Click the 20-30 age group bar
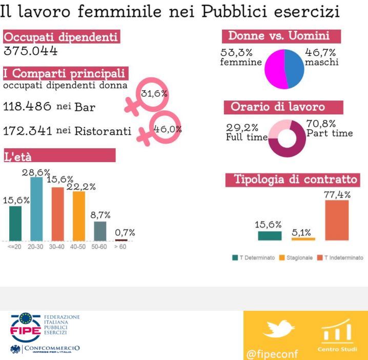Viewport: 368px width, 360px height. pos(36,208)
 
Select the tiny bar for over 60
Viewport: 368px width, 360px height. pos(121,240)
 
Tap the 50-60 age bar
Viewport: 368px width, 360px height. pos(100,231)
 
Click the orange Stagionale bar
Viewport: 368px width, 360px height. pos(303,238)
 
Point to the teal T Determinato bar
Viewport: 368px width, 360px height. pos(270,235)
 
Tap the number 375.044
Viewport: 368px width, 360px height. pos(30,51)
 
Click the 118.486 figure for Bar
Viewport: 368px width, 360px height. pos(27,107)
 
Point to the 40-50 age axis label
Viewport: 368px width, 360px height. pos(79,247)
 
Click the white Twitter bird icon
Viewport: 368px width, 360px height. pos(279,329)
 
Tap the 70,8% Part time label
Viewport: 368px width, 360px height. pos(329,128)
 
